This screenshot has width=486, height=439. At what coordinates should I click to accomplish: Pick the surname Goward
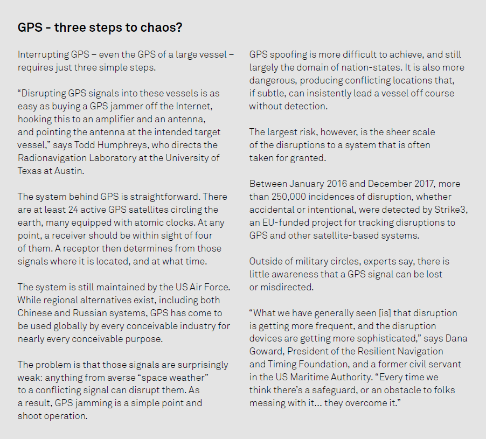pos(266,352)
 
